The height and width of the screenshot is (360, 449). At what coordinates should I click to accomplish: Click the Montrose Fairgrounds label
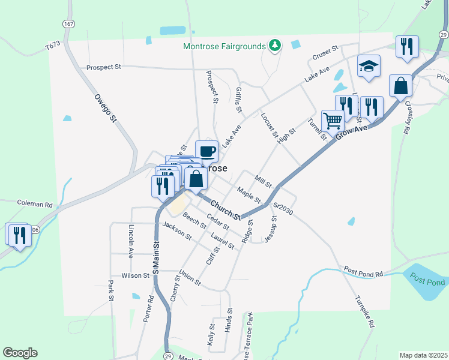tap(224, 46)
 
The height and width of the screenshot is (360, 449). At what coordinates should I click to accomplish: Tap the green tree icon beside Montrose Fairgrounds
tap(275, 46)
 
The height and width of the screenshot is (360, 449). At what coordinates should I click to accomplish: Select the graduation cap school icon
tap(369, 67)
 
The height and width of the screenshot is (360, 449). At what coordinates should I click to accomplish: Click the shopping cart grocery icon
tap(333, 120)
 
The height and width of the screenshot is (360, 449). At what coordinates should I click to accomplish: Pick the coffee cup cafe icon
tap(206, 151)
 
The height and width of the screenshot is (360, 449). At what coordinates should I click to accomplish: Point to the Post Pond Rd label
tap(363, 272)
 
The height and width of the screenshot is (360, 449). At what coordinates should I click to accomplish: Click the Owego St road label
tap(104, 108)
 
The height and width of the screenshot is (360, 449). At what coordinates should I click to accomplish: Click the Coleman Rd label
tap(35, 205)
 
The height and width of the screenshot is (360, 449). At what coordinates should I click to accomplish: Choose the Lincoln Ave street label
tap(131, 239)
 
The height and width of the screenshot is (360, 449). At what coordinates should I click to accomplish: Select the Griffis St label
tap(238, 100)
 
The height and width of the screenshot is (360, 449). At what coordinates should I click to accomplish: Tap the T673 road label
tap(53, 46)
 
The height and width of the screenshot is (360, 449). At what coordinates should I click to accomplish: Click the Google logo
tap(20, 353)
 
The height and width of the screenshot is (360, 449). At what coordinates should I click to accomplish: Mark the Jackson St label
tap(176, 232)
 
